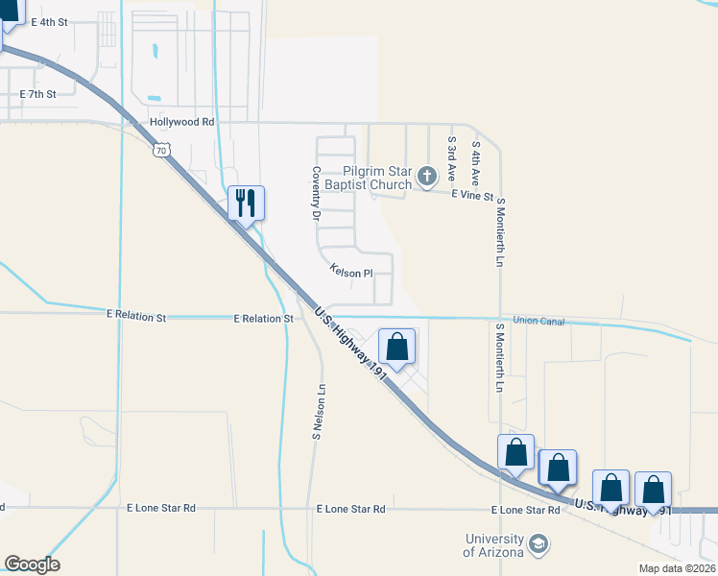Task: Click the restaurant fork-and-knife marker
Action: click(246, 203)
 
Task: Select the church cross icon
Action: click(427, 176)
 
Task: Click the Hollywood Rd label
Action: click(181, 123)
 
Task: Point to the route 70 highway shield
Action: click(161, 151)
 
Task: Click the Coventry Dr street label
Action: click(314, 193)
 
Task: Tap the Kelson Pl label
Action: click(350, 273)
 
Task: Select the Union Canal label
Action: click(538, 321)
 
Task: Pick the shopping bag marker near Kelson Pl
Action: click(397, 347)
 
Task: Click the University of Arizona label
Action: click(493, 545)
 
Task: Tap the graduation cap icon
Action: click(538, 546)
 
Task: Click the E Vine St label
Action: click(474, 197)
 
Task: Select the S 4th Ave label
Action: click(475, 163)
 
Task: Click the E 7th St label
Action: click(38, 94)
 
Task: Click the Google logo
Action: click(32, 564)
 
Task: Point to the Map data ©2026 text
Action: click(676, 568)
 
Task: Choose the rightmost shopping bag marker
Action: click(654, 491)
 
